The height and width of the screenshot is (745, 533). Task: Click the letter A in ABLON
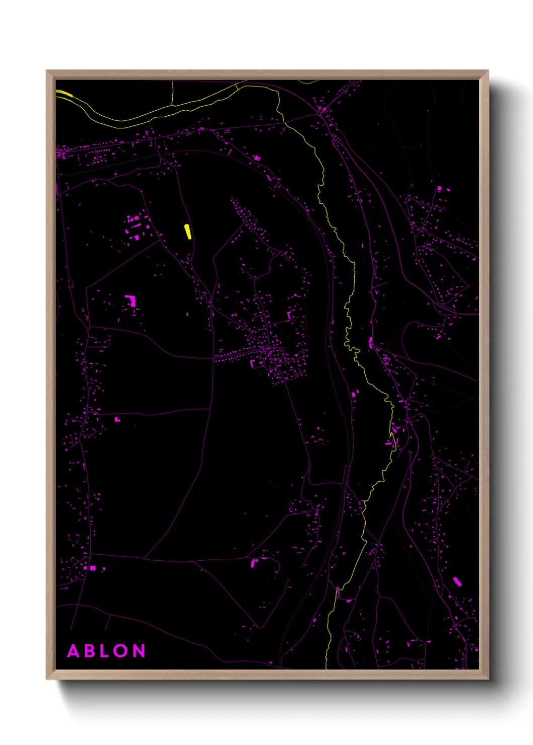pos(74,651)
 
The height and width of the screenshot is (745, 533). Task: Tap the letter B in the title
pos(90,651)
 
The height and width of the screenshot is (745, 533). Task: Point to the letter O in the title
pos(121,651)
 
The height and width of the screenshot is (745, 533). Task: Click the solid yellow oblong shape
pos(188,232)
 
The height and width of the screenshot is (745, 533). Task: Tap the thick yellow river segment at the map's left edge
pos(64,93)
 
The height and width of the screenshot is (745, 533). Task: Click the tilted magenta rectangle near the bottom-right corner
pos(457,581)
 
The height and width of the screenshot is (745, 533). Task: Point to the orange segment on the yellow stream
pos(364,518)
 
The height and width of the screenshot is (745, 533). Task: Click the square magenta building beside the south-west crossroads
pos(93,568)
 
